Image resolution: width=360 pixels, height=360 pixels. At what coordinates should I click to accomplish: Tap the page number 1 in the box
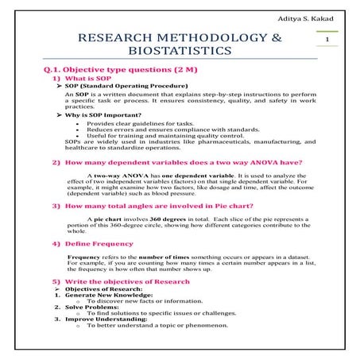coord(327,39)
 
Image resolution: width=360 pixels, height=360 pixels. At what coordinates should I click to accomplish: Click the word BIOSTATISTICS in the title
coord(177,52)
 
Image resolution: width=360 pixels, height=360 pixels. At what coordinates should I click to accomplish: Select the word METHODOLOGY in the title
coord(205,37)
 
